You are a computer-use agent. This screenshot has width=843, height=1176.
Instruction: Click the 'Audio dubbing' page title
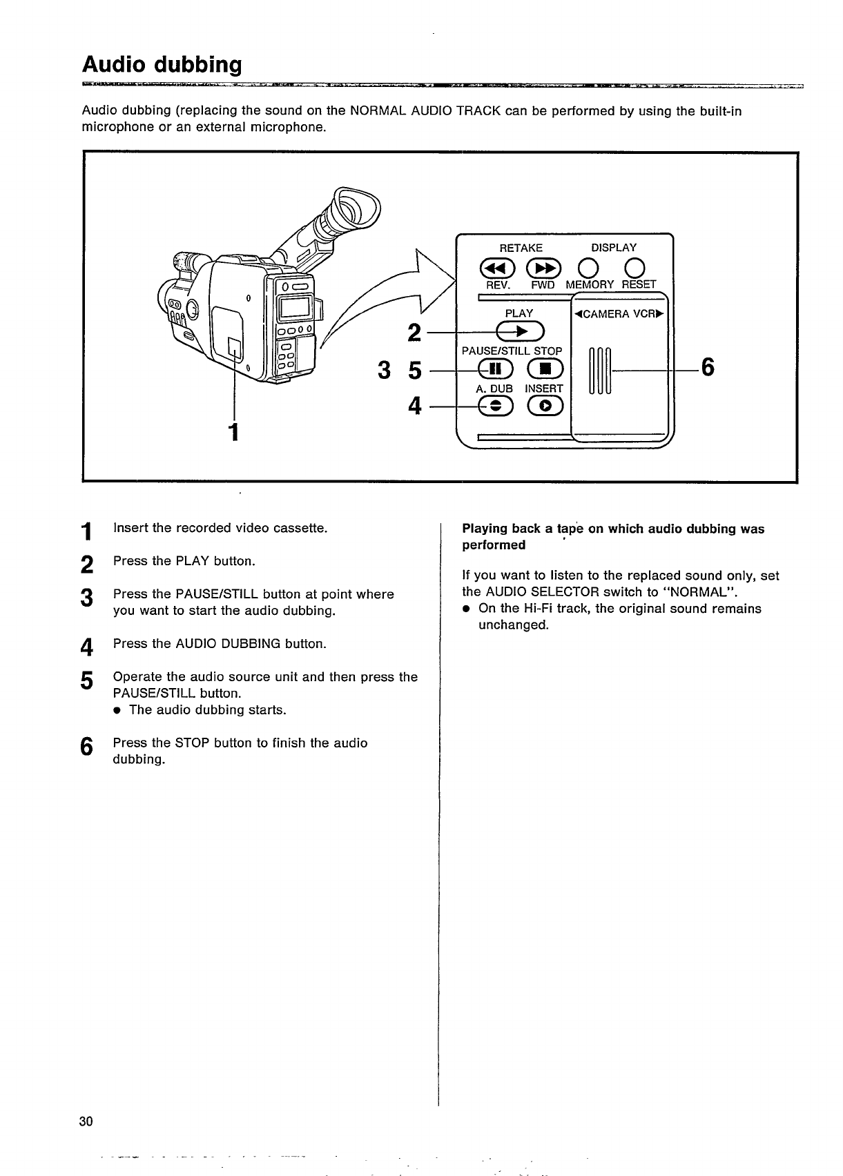tap(162, 65)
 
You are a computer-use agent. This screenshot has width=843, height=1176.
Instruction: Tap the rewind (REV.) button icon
tap(496, 268)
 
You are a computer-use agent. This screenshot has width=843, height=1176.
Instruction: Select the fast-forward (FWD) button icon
tap(540, 268)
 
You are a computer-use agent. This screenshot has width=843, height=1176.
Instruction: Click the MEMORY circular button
tap(589, 268)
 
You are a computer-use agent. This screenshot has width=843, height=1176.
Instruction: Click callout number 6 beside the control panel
tap(707, 368)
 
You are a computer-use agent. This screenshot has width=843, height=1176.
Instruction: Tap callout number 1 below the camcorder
tap(234, 431)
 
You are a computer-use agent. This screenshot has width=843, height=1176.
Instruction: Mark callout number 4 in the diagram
tap(415, 406)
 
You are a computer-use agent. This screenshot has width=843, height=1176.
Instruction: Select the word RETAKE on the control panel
tap(521, 248)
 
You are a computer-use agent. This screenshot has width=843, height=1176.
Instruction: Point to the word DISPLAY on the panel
tap(614, 248)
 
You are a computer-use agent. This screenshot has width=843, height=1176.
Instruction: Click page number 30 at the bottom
tap(86, 1121)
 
